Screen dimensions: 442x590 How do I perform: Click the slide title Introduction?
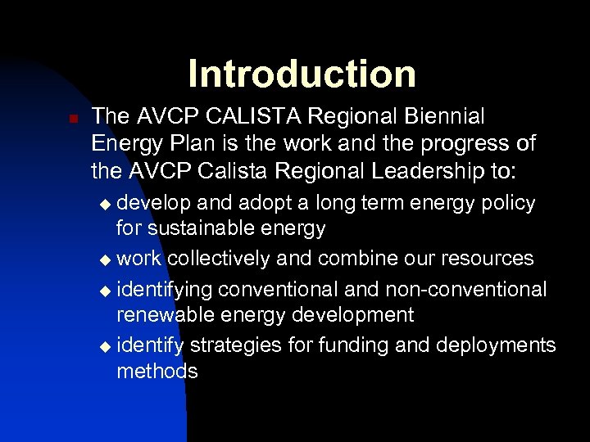[x=302, y=74]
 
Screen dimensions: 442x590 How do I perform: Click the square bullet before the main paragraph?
[x=71, y=119]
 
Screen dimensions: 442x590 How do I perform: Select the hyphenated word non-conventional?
[x=457, y=289]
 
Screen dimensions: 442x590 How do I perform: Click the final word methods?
[x=157, y=371]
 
